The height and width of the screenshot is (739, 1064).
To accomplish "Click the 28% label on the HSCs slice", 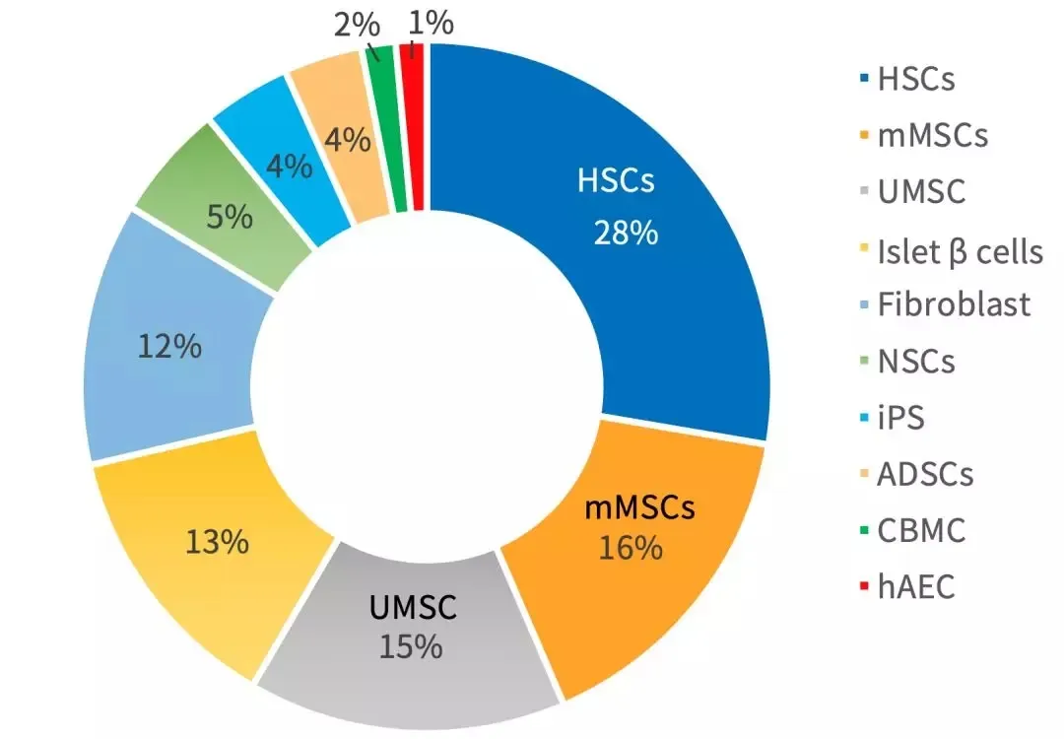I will pyautogui.click(x=625, y=234).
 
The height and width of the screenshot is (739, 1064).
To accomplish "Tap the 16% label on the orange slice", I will pyautogui.click(x=631, y=548).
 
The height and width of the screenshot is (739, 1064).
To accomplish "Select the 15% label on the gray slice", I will pyautogui.click(x=413, y=646).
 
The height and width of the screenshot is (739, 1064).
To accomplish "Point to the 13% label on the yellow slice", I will pyautogui.click(x=218, y=541).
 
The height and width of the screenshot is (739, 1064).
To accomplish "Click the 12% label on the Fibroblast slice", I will pyautogui.click(x=170, y=346).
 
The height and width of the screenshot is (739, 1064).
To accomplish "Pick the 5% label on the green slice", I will pyautogui.click(x=230, y=216).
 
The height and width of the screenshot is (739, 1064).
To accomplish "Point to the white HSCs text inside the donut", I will pyautogui.click(x=616, y=183).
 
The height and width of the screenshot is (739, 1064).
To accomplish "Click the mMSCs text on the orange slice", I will pyautogui.click(x=640, y=508).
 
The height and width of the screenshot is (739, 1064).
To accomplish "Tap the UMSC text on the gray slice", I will pyautogui.click(x=413, y=608).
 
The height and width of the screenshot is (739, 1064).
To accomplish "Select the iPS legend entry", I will pyautogui.click(x=900, y=418).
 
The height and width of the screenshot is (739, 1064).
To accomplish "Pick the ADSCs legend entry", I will pyautogui.click(x=925, y=474).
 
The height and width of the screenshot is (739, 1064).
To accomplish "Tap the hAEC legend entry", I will pyautogui.click(x=916, y=588).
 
